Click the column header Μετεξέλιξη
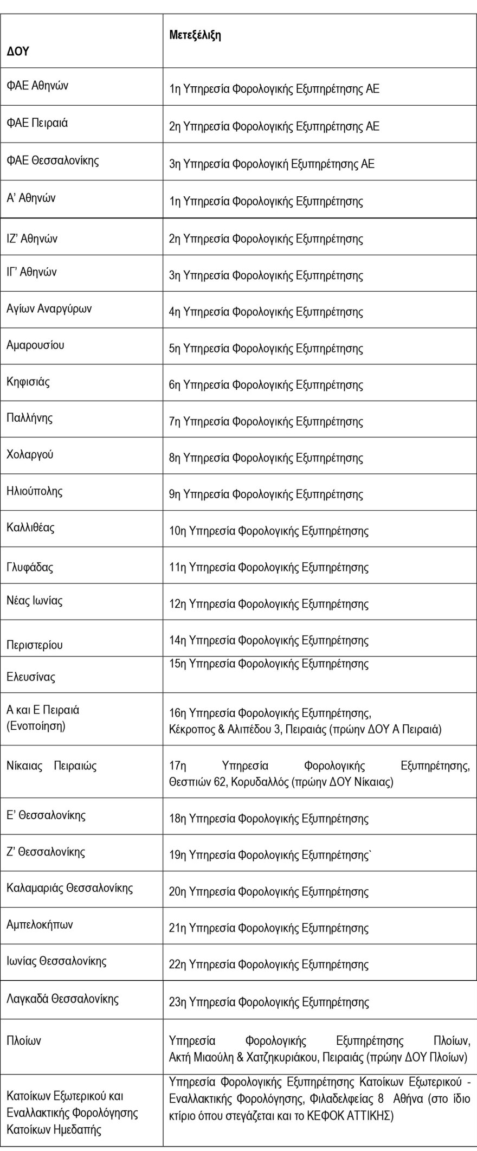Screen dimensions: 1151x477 click(x=195, y=36)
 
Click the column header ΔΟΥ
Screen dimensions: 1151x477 click(x=18, y=52)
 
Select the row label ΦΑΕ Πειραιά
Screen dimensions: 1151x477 click(x=37, y=123)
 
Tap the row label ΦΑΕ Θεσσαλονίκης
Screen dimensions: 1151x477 click(x=53, y=160)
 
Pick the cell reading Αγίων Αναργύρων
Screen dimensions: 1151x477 click(x=49, y=308)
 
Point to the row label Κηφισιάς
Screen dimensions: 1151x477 click(x=28, y=382)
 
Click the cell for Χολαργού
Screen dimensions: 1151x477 click(x=30, y=454)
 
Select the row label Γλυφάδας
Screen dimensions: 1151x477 click(x=30, y=568)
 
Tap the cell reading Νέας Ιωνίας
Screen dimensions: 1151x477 click(x=35, y=600)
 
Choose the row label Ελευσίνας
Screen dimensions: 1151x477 click(x=31, y=677)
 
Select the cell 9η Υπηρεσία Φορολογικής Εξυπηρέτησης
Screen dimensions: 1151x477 click(x=266, y=494)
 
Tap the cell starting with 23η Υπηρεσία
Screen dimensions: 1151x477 click(x=269, y=1002)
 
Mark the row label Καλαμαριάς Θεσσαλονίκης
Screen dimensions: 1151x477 click(x=70, y=888)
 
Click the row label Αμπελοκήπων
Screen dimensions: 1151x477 click(x=40, y=924)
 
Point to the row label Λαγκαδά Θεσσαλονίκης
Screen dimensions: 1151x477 click(x=62, y=999)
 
